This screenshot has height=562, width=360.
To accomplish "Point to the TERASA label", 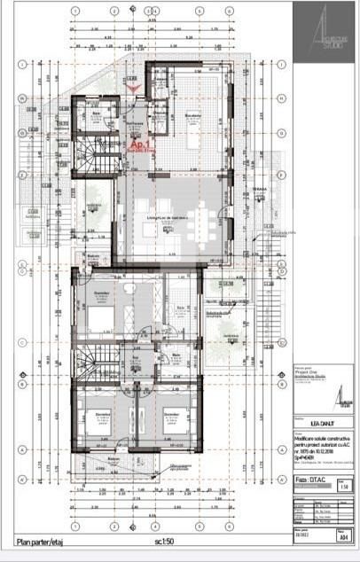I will click(x=259, y=189).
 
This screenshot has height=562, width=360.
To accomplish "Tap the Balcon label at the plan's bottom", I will click(x=113, y=458).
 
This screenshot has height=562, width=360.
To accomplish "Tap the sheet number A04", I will click(x=342, y=536).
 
